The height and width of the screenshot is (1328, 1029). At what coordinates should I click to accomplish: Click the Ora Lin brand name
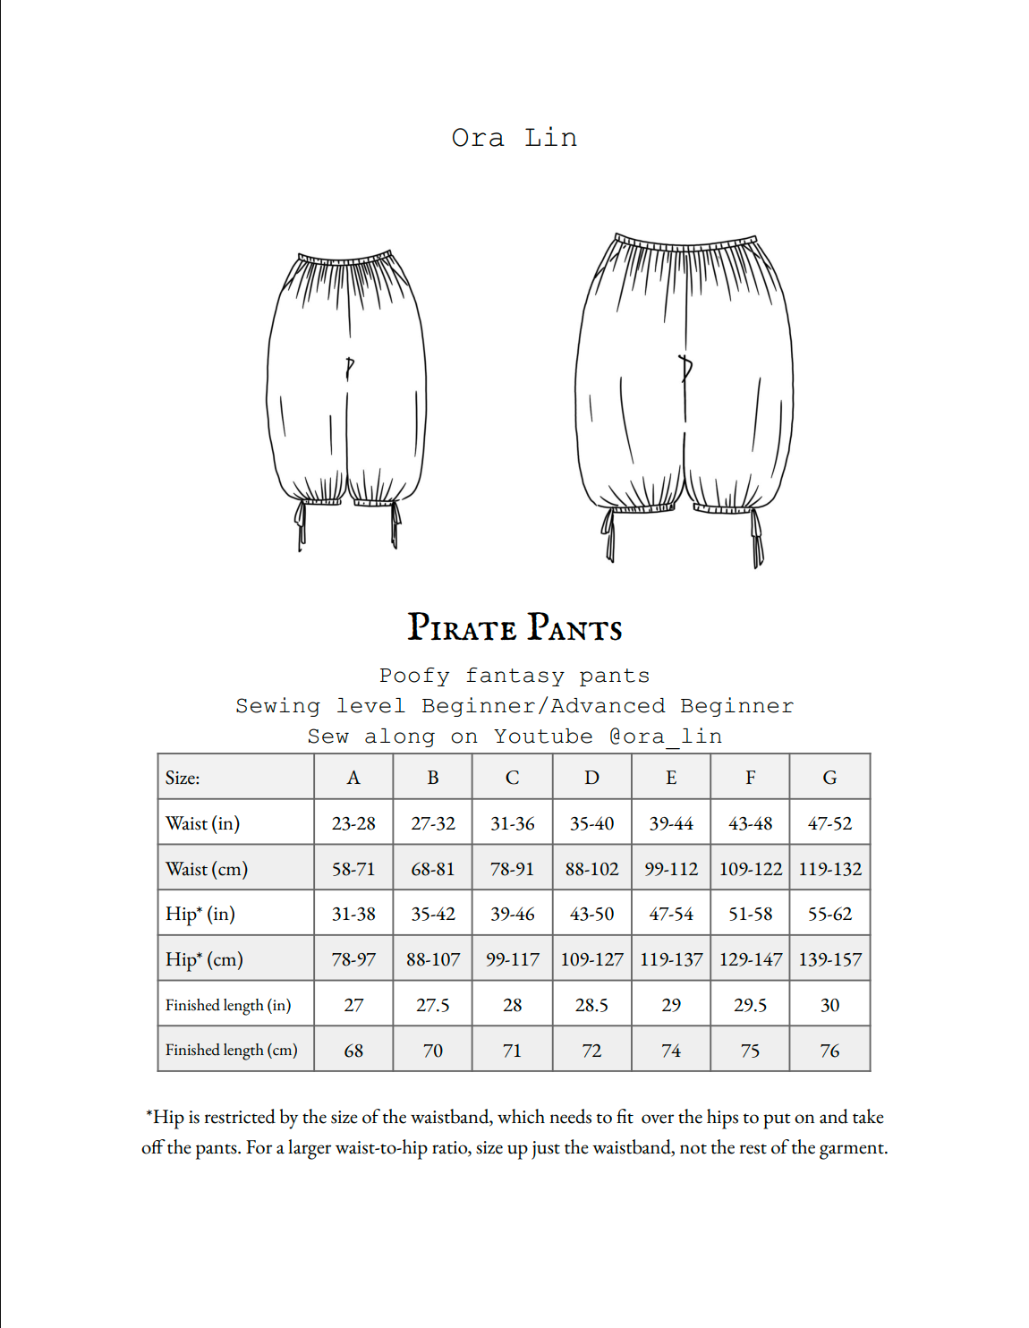514,138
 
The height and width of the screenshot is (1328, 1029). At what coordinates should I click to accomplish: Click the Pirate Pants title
514,627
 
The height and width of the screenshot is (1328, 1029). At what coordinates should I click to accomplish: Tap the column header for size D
591,778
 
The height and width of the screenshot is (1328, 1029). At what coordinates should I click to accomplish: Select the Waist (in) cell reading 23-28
353,823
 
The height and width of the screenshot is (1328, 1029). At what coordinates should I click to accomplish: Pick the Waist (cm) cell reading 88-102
591,869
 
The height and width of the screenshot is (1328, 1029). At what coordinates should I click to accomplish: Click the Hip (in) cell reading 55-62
829,914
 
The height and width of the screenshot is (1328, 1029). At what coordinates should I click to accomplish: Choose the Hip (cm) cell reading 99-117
512,959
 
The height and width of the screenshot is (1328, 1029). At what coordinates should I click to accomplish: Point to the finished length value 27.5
432,1005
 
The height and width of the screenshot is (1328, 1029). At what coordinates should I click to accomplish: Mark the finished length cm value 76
829,1051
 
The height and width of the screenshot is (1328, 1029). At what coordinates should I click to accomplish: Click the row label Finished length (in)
228,1005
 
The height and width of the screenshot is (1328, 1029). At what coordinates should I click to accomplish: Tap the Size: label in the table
183,778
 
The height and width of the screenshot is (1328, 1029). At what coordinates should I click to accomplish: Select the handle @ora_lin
665,736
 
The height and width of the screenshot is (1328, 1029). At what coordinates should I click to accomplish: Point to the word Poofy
414,676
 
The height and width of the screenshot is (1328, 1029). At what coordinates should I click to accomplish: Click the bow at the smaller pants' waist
349,367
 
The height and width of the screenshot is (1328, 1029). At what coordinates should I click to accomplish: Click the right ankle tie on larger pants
757,540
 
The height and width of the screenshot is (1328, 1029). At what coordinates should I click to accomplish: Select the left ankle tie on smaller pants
301,526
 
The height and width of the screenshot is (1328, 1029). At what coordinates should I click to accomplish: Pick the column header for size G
829,778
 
